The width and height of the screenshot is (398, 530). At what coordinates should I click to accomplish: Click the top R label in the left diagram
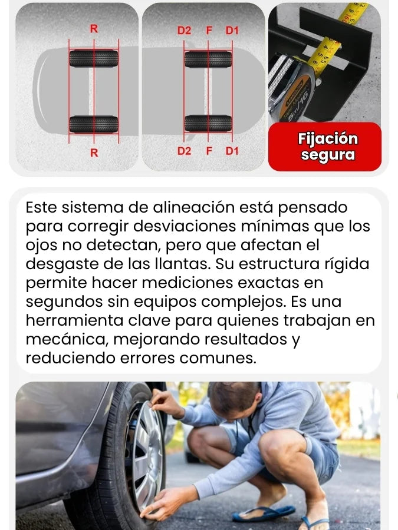[94, 29]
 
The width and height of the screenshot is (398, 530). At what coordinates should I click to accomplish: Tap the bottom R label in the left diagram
[94, 153]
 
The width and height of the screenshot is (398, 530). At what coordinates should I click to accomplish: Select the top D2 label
[184, 31]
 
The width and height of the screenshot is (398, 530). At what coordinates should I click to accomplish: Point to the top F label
[209, 31]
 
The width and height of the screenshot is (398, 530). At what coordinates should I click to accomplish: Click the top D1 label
[232, 31]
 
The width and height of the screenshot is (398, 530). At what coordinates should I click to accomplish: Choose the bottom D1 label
[232, 151]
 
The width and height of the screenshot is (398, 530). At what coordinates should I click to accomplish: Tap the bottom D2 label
[184, 151]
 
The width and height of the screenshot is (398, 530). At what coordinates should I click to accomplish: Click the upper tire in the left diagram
[94, 58]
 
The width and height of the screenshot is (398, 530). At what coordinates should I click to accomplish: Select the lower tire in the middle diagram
[208, 124]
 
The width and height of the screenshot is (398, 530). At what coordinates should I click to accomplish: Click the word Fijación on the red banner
[328, 139]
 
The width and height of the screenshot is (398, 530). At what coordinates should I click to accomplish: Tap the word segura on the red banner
[328, 155]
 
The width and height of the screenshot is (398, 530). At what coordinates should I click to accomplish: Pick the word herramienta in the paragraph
[74, 320]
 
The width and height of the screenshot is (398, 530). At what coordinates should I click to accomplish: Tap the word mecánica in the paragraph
[67, 339]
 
